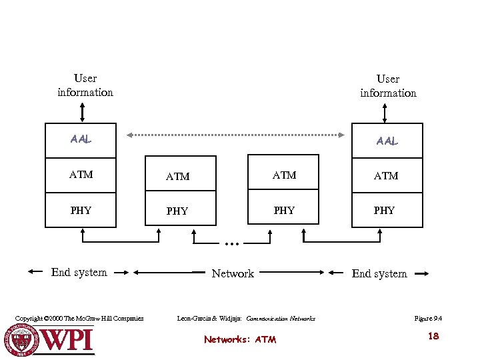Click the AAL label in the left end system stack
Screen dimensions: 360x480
point(81,139)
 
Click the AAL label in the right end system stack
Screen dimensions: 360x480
point(387,141)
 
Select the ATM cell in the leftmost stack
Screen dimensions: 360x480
point(81,175)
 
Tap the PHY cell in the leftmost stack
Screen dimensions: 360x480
point(81,210)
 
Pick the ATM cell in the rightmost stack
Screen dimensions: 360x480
point(387,176)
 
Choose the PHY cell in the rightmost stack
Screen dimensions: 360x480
point(384,210)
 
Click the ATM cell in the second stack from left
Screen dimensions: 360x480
point(177,177)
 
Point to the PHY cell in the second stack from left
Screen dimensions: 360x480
point(177,211)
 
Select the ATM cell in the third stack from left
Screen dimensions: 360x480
point(285,175)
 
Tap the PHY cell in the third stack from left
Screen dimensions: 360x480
point(285,210)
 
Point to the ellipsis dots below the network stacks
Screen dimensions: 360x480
point(232,245)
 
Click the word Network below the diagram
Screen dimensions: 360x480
point(233,273)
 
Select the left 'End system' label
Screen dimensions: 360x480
point(79,272)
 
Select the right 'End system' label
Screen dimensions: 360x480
point(379,273)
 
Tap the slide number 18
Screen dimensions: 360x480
point(433,336)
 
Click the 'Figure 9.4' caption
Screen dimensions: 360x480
point(428,319)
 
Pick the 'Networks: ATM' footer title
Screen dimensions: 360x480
point(240,339)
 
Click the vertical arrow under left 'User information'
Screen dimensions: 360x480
point(82,111)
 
